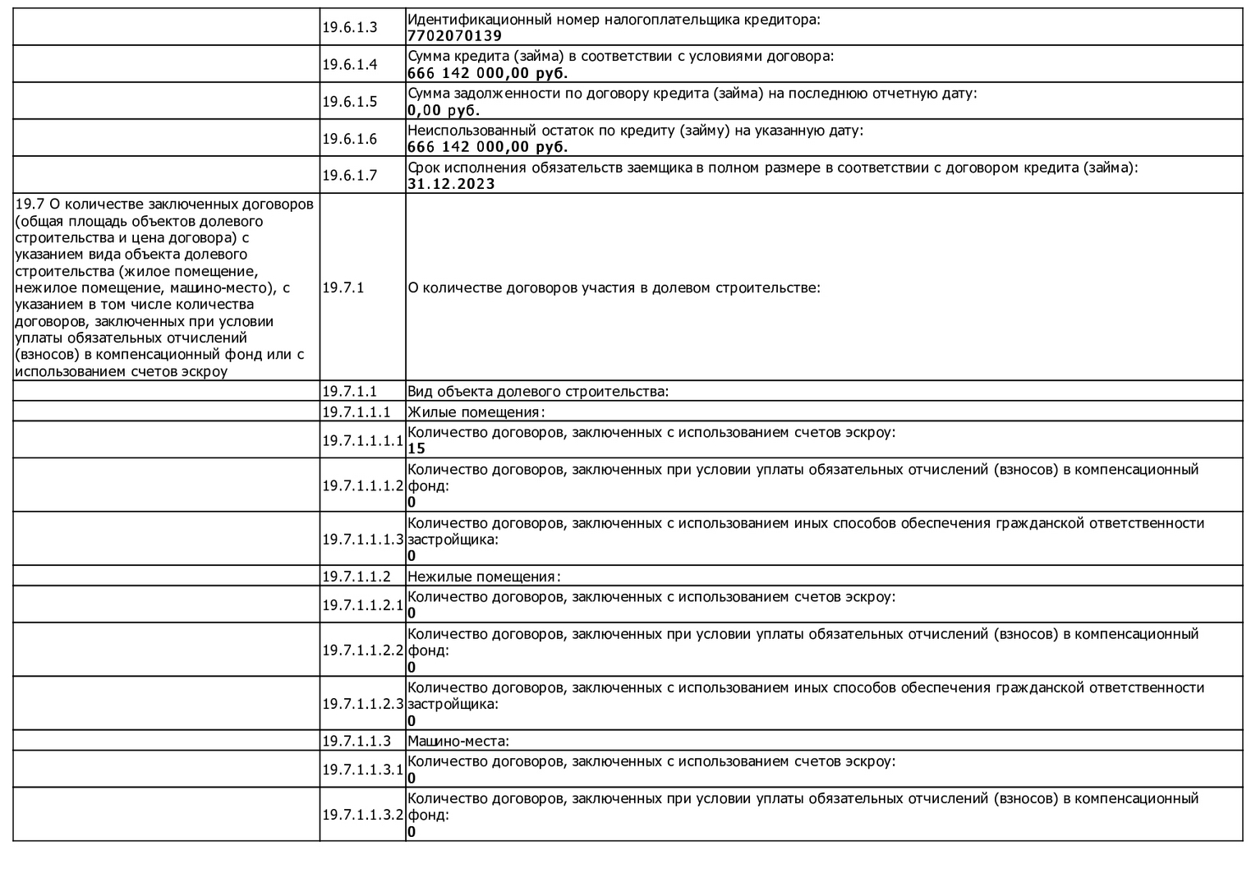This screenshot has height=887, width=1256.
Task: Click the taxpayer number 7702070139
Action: (x=454, y=36)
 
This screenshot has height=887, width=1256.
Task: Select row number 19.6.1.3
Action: (x=349, y=27)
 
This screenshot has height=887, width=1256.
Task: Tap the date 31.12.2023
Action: (x=451, y=184)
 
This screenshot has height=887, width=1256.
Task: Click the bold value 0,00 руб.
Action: (x=444, y=110)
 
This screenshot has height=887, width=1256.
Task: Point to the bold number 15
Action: (x=416, y=448)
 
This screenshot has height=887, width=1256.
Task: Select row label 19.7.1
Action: (x=343, y=287)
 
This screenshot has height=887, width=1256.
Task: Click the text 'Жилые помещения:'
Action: (x=476, y=412)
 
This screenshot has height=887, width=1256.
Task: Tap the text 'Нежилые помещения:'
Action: (x=484, y=577)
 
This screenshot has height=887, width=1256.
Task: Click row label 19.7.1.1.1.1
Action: (x=362, y=440)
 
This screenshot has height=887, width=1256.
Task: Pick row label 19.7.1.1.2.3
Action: (x=362, y=704)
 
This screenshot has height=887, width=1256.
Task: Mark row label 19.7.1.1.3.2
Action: (x=362, y=815)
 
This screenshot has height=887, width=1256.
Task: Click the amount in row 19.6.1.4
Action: (x=487, y=73)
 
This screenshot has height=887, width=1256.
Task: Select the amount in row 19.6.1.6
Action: (x=487, y=147)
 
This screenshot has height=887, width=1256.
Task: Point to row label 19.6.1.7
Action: (x=349, y=175)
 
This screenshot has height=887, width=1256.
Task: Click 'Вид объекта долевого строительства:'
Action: (x=538, y=391)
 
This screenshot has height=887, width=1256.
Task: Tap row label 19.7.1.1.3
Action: (x=356, y=741)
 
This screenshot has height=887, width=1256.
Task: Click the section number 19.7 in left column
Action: (x=26, y=204)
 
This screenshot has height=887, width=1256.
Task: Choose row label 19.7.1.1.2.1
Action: (x=362, y=605)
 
